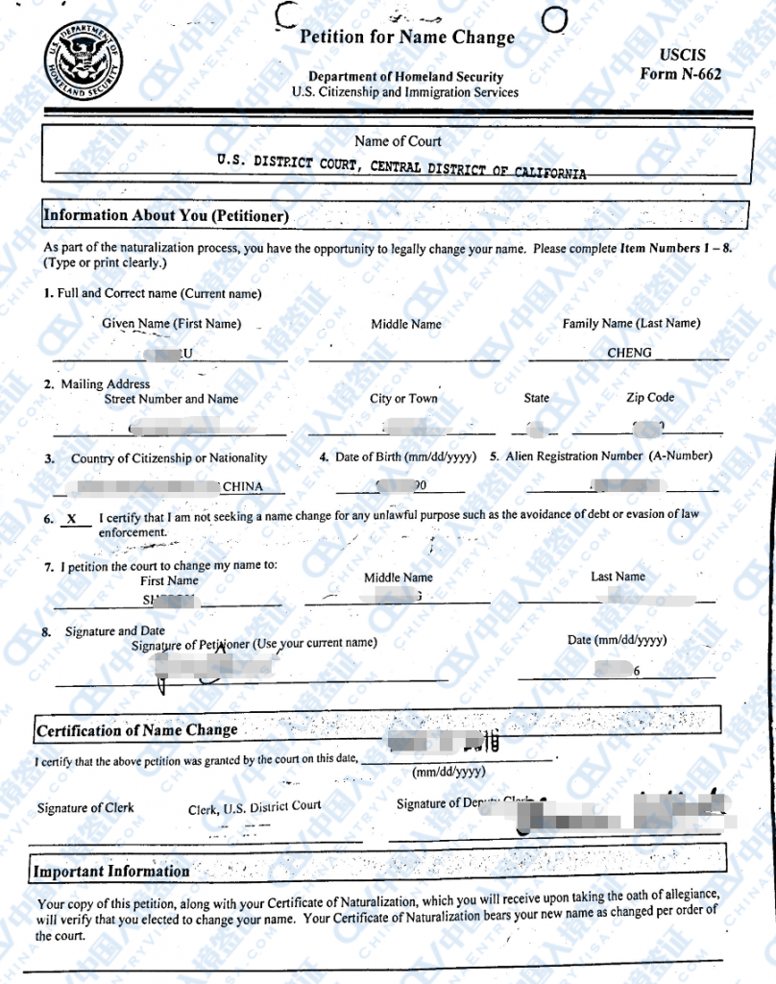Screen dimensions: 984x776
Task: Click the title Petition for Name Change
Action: (x=407, y=37)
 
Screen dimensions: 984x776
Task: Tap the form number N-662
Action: (x=681, y=74)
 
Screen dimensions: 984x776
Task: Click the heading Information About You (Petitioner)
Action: (x=165, y=216)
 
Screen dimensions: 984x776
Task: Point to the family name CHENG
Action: (x=629, y=353)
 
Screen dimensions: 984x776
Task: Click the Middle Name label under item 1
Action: (x=406, y=325)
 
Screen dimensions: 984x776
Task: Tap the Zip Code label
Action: (x=650, y=398)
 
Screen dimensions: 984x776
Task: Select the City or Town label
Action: (x=403, y=399)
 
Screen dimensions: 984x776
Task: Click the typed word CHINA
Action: (x=242, y=486)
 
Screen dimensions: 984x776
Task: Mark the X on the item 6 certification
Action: (x=72, y=518)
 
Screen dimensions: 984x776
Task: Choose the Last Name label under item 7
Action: (x=618, y=577)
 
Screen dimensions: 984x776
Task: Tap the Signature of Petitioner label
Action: (x=254, y=643)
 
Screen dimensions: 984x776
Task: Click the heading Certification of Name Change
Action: (x=136, y=730)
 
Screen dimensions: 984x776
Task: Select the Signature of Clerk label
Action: (x=85, y=808)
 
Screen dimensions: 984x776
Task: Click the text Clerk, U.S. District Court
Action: (x=255, y=808)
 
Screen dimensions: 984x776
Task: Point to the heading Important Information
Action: (x=111, y=872)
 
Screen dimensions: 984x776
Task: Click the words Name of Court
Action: (x=398, y=141)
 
